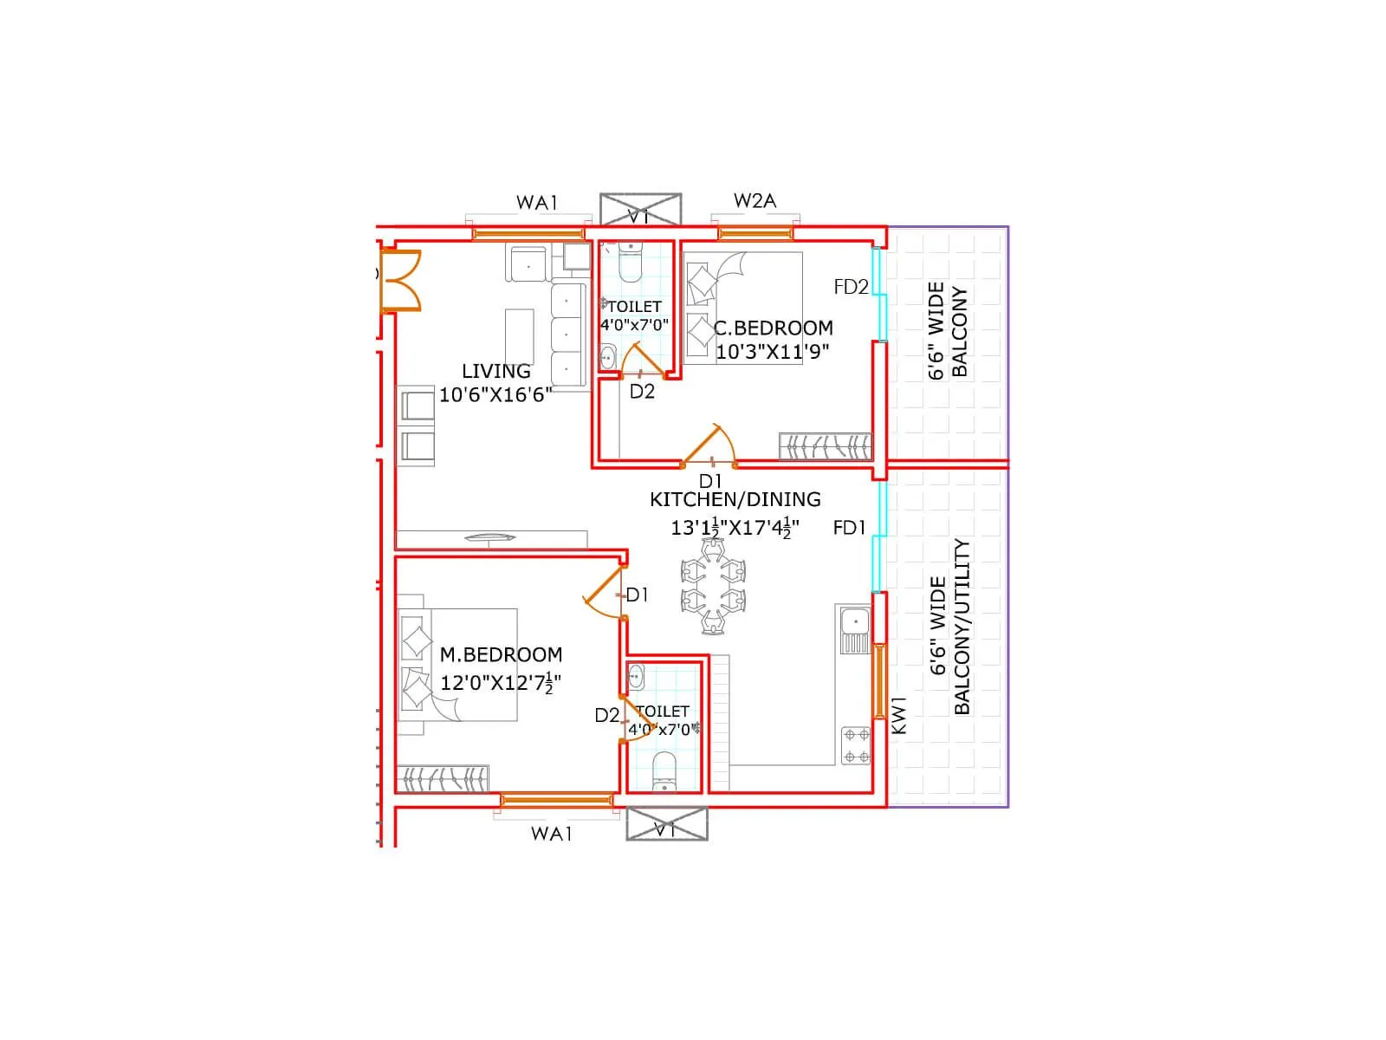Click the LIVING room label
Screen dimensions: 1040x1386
point(495,372)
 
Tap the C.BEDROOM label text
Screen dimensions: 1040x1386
point(774,328)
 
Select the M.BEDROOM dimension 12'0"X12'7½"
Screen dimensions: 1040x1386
point(500,683)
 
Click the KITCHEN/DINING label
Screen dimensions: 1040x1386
point(735,500)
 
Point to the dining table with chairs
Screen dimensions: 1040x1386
point(712,587)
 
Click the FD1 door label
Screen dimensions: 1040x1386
point(849,528)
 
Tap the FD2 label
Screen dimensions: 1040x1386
point(851,287)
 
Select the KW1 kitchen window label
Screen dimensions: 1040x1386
point(898,715)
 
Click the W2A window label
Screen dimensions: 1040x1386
point(755,201)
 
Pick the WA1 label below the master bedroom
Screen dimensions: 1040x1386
point(552,834)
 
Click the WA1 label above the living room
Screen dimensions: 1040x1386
point(537,203)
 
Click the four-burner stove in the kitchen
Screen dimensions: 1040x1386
point(856,745)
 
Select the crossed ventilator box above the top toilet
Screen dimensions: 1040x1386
point(640,211)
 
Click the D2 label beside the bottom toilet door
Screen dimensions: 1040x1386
point(606,716)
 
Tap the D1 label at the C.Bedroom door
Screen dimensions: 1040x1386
point(709,481)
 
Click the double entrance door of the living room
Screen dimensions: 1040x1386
point(400,280)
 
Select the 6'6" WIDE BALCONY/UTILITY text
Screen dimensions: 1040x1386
point(950,627)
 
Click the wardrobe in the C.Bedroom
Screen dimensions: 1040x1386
point(825,446)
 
